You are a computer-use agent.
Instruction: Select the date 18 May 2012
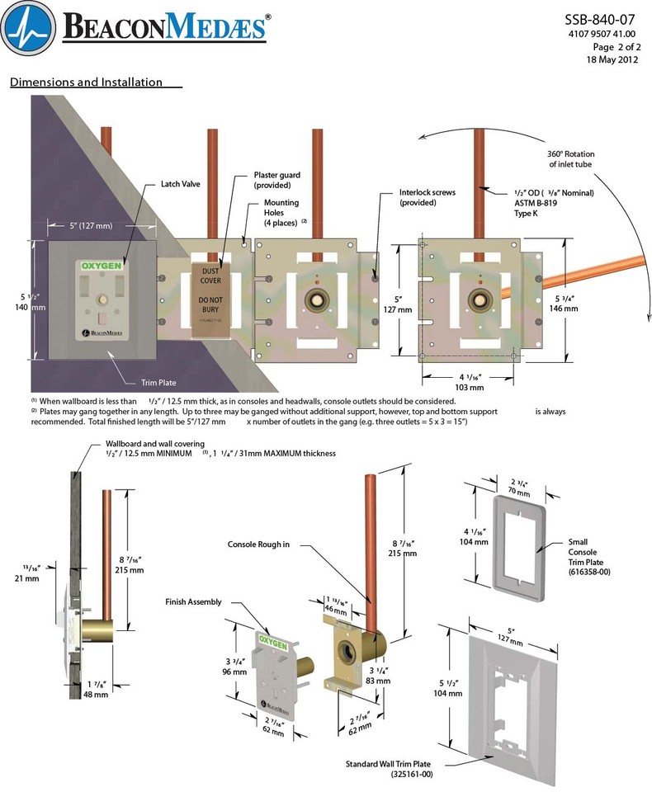click(x=612, y=60)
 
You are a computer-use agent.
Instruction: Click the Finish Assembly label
click(x=192, y=602)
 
